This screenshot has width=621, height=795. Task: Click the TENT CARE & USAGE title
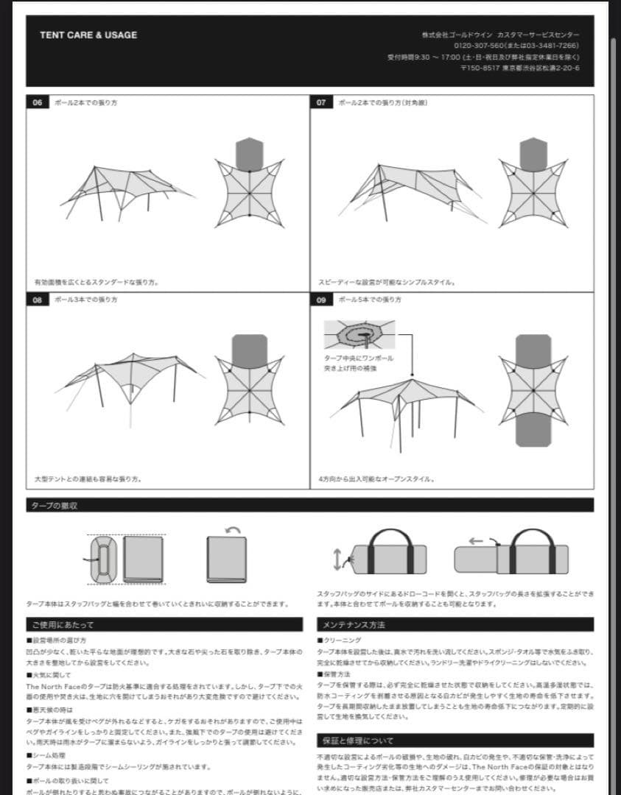88,35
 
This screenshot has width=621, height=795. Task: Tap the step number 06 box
38,102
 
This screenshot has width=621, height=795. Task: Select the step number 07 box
321,102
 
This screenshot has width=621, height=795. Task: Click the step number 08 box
38,300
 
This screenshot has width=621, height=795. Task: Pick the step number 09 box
321,300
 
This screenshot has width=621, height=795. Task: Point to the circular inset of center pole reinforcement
359,336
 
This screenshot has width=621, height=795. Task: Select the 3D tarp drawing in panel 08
129,383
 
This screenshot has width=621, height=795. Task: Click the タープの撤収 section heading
55,506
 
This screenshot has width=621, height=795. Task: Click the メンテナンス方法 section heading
354,624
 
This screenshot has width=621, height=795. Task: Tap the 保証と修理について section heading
358,741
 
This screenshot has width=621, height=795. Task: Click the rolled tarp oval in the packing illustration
103,559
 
